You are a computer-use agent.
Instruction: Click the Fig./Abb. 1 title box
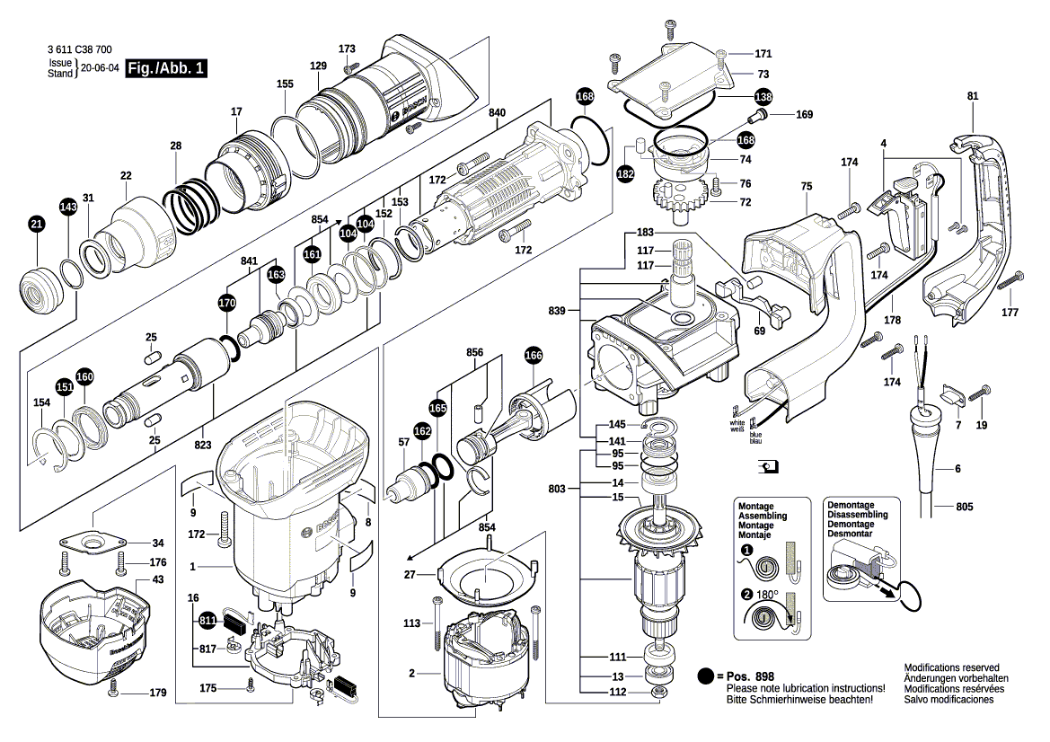click(x=166, y=68)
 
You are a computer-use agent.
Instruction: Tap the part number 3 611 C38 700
click(x=78, y=52)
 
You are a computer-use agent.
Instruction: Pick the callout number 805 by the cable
click(x=964, y=508)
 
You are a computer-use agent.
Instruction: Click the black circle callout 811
click(x=207, y=620)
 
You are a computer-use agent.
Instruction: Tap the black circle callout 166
click(x=534, y=355)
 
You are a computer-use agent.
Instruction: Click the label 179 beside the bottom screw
click(x=158, y=693)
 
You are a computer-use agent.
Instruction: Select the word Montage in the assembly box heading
click(x=755, y=507)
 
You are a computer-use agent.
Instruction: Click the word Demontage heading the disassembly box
click(x=850, y=506)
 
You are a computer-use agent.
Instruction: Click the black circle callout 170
click(x=228, y=303)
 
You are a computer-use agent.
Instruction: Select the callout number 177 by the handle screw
click(x=1010, y=313)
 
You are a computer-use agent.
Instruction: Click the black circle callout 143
click(x=68, y=207)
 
